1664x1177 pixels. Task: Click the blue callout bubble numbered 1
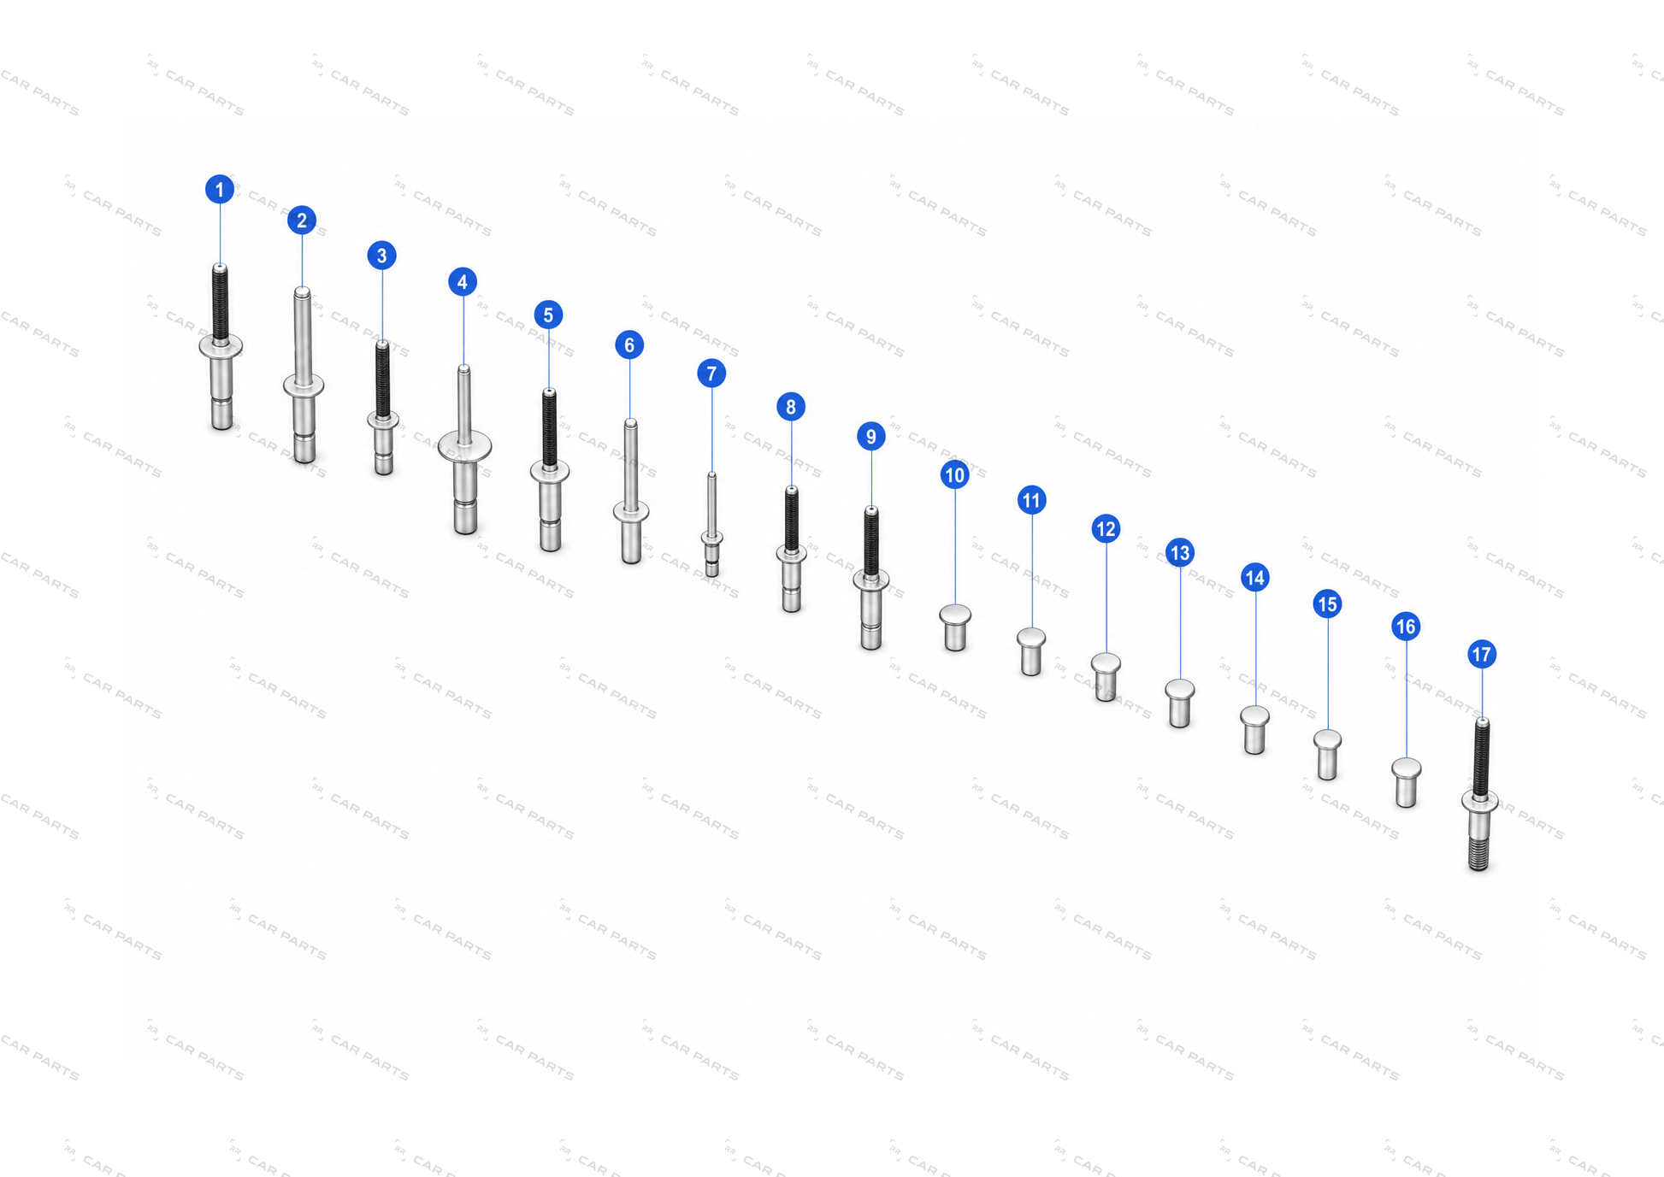[220, 189]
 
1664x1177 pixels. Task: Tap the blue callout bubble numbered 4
[463, 281]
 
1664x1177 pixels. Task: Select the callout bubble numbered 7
[711, 373]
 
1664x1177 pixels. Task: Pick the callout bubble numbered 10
[954, 474]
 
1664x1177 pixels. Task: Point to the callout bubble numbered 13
[1180, 552]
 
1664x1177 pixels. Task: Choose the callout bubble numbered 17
[1482, 654]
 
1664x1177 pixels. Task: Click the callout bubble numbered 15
[1327, 603]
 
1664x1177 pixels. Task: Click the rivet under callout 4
[464, 450]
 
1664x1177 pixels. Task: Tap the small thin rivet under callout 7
[711, 525]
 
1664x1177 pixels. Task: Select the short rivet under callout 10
[955, 627]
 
